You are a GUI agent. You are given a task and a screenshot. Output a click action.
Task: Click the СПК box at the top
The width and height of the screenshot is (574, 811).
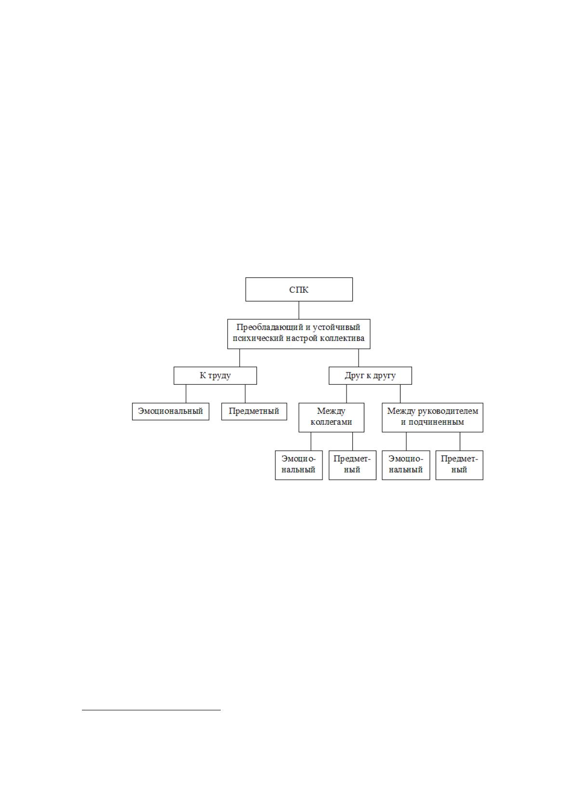299,289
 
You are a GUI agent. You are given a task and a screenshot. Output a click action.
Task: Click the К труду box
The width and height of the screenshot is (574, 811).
215,376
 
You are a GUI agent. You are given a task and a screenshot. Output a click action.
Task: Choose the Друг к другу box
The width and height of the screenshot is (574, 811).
370,376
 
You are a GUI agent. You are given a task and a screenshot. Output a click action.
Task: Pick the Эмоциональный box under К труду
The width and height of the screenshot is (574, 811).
171,411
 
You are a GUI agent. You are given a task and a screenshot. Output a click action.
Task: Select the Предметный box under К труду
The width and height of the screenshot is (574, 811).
254,411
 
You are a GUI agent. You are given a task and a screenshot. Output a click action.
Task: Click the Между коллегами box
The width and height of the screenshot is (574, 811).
331,418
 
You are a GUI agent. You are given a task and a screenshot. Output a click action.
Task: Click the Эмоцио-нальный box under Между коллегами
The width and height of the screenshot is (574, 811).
299,465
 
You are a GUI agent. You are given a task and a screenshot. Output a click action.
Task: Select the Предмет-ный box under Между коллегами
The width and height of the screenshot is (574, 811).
352,465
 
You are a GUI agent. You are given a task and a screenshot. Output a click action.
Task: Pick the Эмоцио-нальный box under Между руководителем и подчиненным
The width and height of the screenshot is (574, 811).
406,465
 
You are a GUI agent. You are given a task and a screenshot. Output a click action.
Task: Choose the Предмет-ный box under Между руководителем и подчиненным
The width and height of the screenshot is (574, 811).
459,465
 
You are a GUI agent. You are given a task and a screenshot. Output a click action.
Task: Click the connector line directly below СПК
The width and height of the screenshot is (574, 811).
299,310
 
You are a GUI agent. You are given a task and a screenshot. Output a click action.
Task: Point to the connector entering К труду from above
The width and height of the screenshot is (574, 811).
240,358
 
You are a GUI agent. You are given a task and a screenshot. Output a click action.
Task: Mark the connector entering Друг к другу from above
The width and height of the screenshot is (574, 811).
359,358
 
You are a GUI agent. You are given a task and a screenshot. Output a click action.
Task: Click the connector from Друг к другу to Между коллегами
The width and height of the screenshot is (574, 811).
347,393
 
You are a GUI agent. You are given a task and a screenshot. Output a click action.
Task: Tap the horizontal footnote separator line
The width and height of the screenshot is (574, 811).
151,710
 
